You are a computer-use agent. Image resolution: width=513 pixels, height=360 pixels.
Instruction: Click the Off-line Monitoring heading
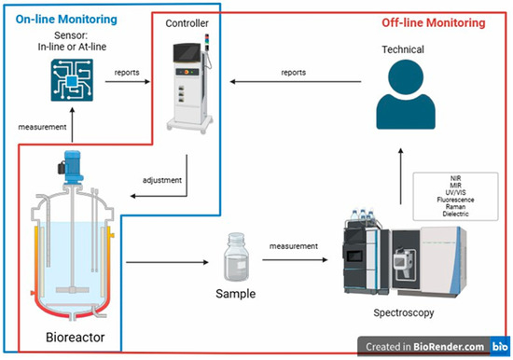[435, 22]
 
